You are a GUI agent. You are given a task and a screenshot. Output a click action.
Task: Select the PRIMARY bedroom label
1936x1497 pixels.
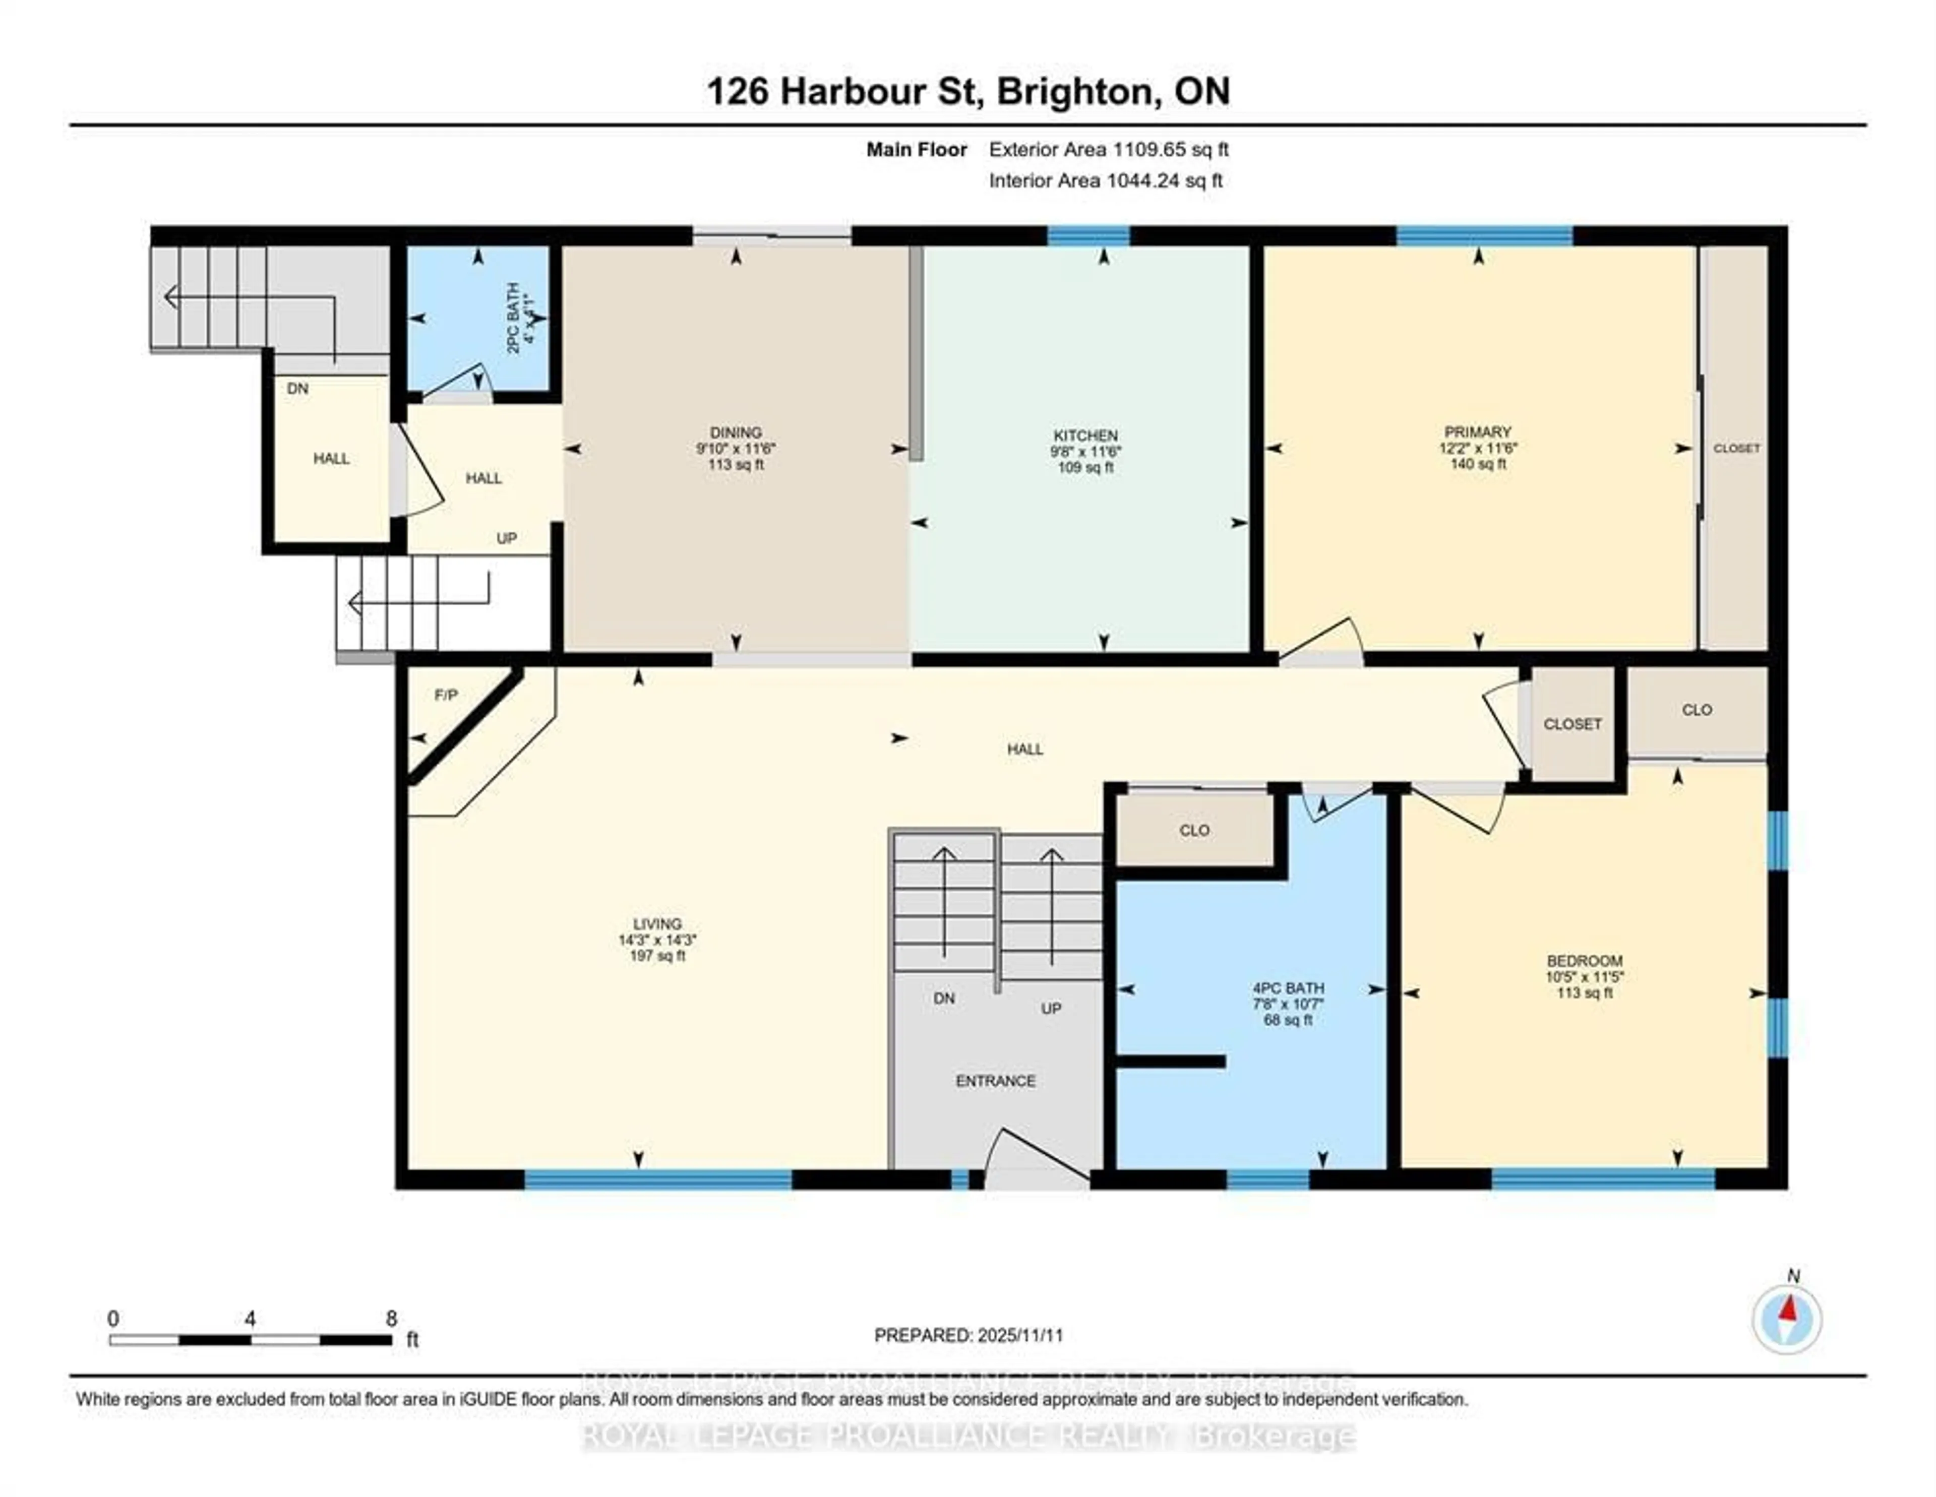(x=1477, y=431)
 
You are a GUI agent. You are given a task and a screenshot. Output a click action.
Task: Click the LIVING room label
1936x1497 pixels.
(x=657, y=923)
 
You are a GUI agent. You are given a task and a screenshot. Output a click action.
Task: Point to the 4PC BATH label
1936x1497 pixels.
(x=1288, y=988)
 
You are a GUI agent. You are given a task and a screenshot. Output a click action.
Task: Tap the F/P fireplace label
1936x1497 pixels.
(x=446, y=696)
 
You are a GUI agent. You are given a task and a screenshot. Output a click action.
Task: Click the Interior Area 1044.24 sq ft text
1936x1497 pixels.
(x=1106, y=181)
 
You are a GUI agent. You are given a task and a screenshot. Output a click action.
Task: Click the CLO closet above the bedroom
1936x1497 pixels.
(x=1697, y=710)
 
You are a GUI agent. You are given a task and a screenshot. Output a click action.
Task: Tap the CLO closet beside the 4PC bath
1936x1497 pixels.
(x=1194, y=831)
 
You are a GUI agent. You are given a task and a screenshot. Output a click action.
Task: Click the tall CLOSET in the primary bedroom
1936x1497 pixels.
(x=1736, y=449)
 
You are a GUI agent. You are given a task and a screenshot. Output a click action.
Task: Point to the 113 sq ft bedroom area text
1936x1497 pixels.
(x=1584, y=993)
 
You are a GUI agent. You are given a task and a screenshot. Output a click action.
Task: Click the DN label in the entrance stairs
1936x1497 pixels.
(x=944, y=998)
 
